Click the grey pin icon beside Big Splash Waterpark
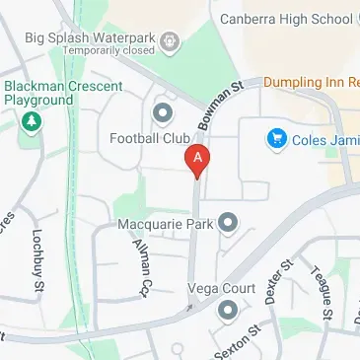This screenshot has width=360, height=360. tap(171, 40)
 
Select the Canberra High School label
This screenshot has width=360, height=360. tap(286, 19)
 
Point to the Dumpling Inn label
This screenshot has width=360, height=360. tap(311, 85)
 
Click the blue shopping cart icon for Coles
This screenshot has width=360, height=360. tap(277, 139)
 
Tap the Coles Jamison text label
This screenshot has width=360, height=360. tap(326, 140)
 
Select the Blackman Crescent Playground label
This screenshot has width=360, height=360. tap(38, 93)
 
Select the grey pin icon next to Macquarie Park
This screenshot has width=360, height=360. tap(228, 222)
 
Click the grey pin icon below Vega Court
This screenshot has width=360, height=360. tap(229, 312)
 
